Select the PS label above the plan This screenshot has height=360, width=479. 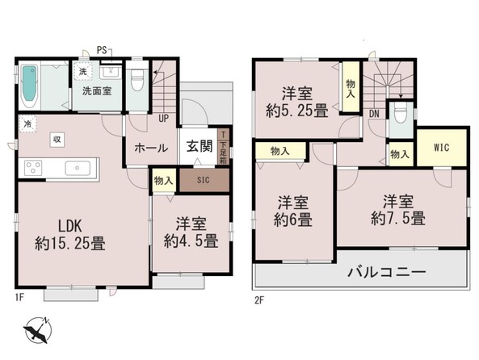103,51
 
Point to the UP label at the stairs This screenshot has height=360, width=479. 164,118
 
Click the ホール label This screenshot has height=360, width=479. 151,148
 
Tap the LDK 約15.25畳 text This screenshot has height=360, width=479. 69,233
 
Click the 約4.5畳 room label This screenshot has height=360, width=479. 191,232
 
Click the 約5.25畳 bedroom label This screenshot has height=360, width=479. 298,103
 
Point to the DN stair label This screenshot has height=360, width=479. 374,115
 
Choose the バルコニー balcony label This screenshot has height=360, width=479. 386,273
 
